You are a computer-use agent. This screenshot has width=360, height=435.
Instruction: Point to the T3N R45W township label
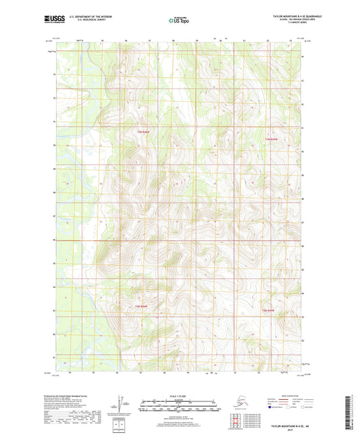pos(272,139)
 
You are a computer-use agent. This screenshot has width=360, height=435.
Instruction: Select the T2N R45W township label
pos(268,309)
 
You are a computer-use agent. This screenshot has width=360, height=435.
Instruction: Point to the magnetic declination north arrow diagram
pos(121,403)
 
